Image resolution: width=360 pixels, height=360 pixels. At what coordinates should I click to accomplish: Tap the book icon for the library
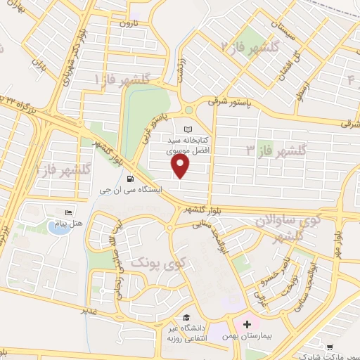(x=188, y=129)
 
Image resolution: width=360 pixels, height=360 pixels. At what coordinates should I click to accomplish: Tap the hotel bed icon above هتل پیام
(x=68, y=213)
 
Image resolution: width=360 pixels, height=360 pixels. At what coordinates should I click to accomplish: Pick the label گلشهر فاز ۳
(x=277, y=149)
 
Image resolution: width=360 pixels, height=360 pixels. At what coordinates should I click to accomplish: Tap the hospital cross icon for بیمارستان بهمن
(x=246, y=324)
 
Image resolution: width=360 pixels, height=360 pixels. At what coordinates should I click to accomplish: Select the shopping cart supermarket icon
(x=330, y=346)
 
